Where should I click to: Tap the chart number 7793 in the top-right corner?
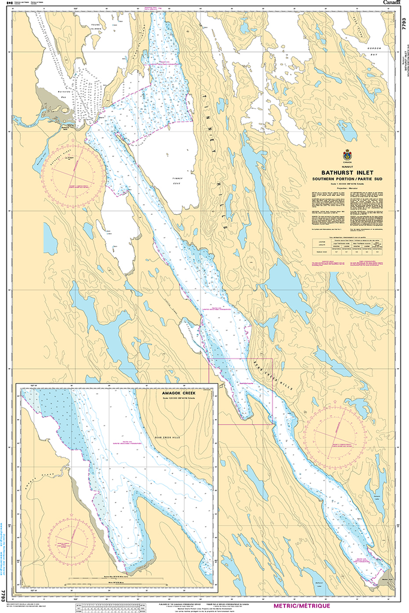tap(404, 25)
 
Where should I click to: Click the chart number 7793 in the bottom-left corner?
tap(4, 596)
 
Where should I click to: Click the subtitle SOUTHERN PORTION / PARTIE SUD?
tap(348, 179)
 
